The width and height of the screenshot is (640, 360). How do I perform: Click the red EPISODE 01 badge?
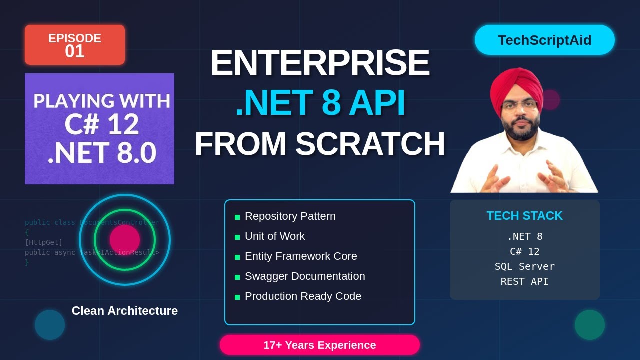(x=75, y=45)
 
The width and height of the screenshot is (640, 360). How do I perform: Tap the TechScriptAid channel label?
(x=544, y=40)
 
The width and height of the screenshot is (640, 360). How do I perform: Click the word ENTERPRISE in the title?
(x=320, y=63)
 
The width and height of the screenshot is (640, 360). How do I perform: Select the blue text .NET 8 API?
(x=320, y=103)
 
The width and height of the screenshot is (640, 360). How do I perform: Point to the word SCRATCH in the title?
(x=370, y=144)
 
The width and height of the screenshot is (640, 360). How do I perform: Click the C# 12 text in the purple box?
(x=102, y=125)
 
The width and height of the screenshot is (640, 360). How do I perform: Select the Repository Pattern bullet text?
(x=290, y=216)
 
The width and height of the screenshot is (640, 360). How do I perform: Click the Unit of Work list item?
(x=274, y=236)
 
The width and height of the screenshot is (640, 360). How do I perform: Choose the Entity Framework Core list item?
(x=301, y=256)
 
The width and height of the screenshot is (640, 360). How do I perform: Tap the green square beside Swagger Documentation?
(x=237, y=277)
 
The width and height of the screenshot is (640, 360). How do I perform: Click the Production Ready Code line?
(x=303, y=296)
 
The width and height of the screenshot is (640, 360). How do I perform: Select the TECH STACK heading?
(x=524, y=216)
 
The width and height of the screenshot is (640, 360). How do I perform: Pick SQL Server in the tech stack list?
(x=524, y=266)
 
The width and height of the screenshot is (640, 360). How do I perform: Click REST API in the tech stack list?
(x=524, y=281)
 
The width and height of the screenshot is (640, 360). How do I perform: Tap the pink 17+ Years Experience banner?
(x=320, y=345)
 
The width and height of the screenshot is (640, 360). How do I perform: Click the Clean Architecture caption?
(x=125, y=311)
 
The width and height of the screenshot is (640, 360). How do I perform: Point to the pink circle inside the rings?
(x=125, y=239)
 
